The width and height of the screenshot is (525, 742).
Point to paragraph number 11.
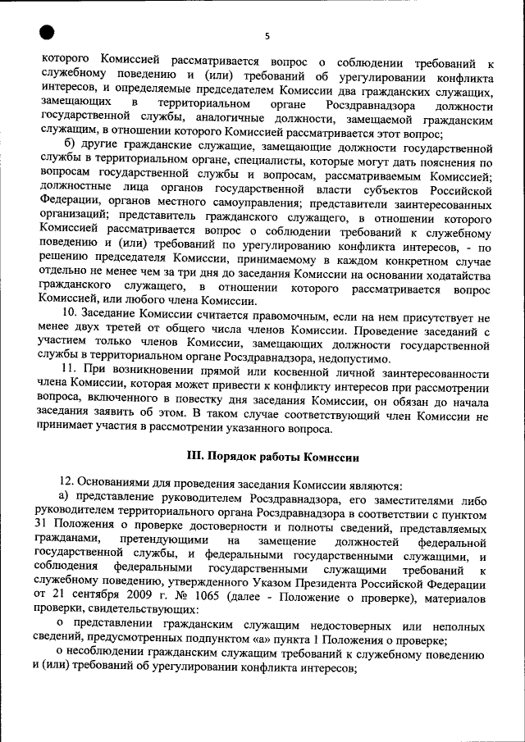69,372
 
